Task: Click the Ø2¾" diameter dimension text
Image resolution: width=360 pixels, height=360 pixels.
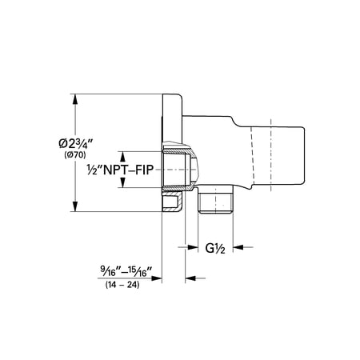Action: (75, 144)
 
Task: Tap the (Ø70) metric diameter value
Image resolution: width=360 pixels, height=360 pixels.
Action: (75, 155)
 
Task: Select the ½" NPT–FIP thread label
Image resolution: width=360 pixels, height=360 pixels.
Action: (120, 170)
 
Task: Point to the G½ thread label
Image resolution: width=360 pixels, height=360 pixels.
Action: (215, 249)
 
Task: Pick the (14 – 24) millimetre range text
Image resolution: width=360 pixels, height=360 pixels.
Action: (122, 285)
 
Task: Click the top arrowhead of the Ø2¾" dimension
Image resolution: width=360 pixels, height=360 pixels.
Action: (75, 99)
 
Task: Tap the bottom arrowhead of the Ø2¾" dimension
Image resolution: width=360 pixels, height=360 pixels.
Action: (75, 206)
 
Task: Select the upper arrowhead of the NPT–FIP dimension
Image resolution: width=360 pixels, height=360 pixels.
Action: (122, 157)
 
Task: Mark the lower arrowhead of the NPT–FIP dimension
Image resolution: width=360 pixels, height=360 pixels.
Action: (122, 182)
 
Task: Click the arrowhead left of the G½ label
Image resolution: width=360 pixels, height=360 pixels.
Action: (193, 247)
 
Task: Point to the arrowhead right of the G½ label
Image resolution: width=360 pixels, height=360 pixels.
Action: (238, 247)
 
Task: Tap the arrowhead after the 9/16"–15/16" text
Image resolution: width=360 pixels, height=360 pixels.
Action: (157, 278)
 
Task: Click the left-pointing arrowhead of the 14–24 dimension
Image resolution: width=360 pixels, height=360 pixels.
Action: (190, 278)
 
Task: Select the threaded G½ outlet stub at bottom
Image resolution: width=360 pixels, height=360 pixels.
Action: (215, 199)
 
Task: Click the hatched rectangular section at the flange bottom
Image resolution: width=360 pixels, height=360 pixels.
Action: (172, 202)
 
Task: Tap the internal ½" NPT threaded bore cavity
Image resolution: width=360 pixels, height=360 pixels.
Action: (174, 170)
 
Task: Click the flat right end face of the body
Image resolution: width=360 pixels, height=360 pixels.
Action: (304, 156)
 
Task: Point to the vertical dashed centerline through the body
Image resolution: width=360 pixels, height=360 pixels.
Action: (270, 155)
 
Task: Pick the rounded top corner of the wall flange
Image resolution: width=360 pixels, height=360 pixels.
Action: (181, 96)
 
